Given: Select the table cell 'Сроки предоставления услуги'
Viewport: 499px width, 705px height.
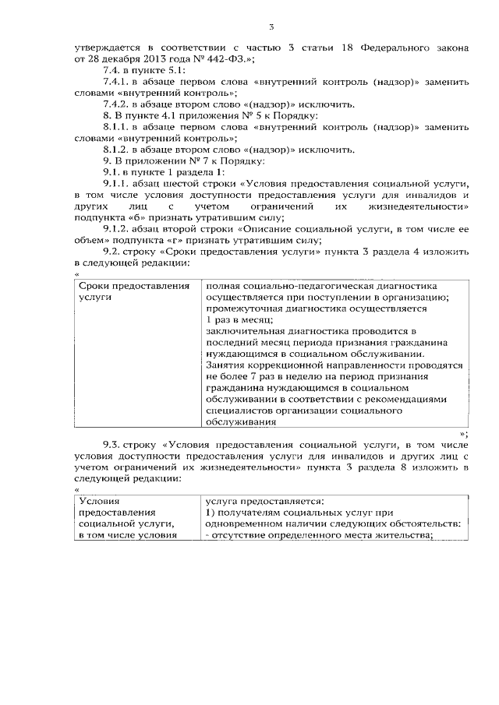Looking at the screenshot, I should [134, 291].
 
